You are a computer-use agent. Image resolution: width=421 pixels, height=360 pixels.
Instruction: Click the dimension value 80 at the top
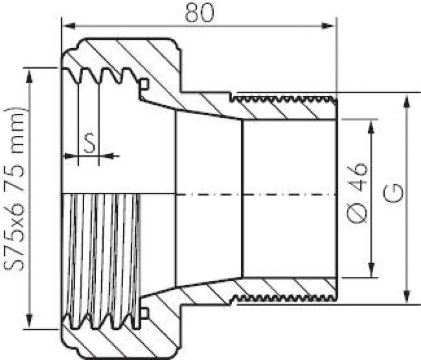click(x=199, y=13)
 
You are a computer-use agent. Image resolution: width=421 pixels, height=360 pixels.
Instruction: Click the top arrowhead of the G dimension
click(x=407, y=100)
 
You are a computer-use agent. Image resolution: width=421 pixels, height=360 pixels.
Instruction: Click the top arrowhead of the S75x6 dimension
click(x=31, y=74)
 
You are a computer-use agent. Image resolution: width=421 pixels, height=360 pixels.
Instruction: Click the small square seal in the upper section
click(x=144, y=84)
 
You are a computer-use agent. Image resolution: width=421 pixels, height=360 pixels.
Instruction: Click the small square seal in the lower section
click(x=144, y=314)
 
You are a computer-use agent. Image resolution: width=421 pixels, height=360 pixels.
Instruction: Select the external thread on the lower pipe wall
click(x=284, y=298)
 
